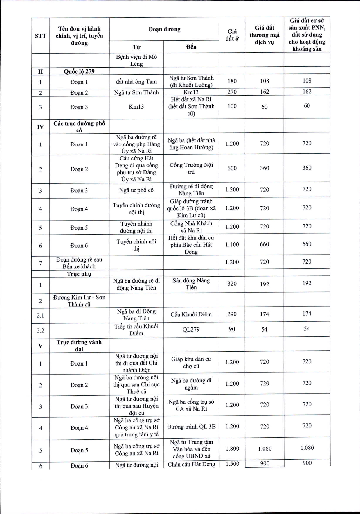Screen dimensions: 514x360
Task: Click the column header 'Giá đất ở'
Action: point(232,35)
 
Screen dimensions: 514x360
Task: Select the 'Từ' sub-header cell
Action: point(136,47)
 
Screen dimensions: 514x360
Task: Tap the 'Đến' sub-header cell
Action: point(191,47)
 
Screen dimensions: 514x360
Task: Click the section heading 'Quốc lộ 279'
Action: point(79,71)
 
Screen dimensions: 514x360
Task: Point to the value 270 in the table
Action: point(232,92)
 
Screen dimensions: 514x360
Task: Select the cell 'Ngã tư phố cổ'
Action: point(136,190)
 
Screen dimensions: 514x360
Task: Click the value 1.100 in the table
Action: point(232,245)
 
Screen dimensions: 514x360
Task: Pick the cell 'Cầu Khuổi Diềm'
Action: point(191,314)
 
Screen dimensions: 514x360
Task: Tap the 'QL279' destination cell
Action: point(191,329)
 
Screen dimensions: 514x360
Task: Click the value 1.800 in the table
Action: point(232,449)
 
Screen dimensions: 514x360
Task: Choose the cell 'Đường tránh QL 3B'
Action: point(191,427)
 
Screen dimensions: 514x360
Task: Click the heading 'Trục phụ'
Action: point(79,274)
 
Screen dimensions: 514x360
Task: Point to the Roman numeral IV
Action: point(40,127)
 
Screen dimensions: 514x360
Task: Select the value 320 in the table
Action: point(232,284)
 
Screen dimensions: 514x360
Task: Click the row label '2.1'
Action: point(40,316)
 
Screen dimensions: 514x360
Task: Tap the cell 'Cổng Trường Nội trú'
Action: point(191,169)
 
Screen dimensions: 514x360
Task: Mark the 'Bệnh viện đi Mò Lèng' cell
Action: point(136,60)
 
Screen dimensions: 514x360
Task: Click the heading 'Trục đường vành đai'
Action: point(79,345)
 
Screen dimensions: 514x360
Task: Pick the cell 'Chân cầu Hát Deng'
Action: point(191,464)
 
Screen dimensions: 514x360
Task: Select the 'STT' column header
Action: point(40,36)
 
